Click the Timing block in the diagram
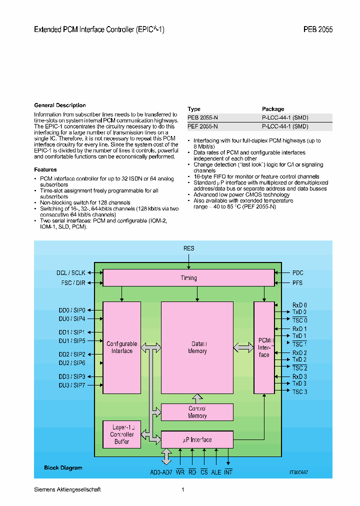(188, 278)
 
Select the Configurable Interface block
(122, 347)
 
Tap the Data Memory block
(197, 347)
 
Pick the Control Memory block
(197, 412)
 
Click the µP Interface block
(197, 440)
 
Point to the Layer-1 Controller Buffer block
(122, 434)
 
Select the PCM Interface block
(264, 347)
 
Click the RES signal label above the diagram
(189, 248)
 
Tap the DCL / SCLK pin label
(70, 273)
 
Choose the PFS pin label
(297, 283)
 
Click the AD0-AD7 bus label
(161, 472)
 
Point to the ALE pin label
(216, 472)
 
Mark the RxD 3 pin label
(299, 376)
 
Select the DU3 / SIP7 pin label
(71, 385)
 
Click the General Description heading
(59, 105)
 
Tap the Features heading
(45, 170)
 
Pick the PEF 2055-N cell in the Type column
(202, 126)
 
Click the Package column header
(273, 109)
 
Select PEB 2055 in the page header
(317, 29)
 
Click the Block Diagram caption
(63, 468)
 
